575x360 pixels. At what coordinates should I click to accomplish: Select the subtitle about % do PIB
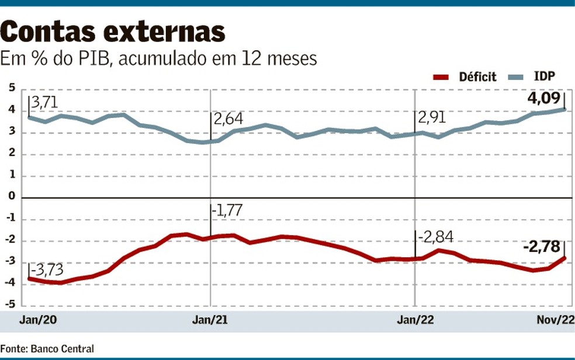158,59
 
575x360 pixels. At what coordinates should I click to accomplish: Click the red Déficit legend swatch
442,77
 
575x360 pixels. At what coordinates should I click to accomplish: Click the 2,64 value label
227,120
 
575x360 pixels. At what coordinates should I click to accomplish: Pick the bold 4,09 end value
545,98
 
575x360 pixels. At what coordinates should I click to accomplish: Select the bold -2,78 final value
541,247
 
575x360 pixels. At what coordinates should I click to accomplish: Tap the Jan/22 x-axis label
414,321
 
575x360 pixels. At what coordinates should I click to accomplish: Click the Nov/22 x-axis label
556,321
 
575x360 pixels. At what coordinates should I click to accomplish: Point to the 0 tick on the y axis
11,198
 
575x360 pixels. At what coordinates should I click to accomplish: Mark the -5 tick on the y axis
9,305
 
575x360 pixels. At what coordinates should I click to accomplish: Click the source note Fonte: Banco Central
47,348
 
